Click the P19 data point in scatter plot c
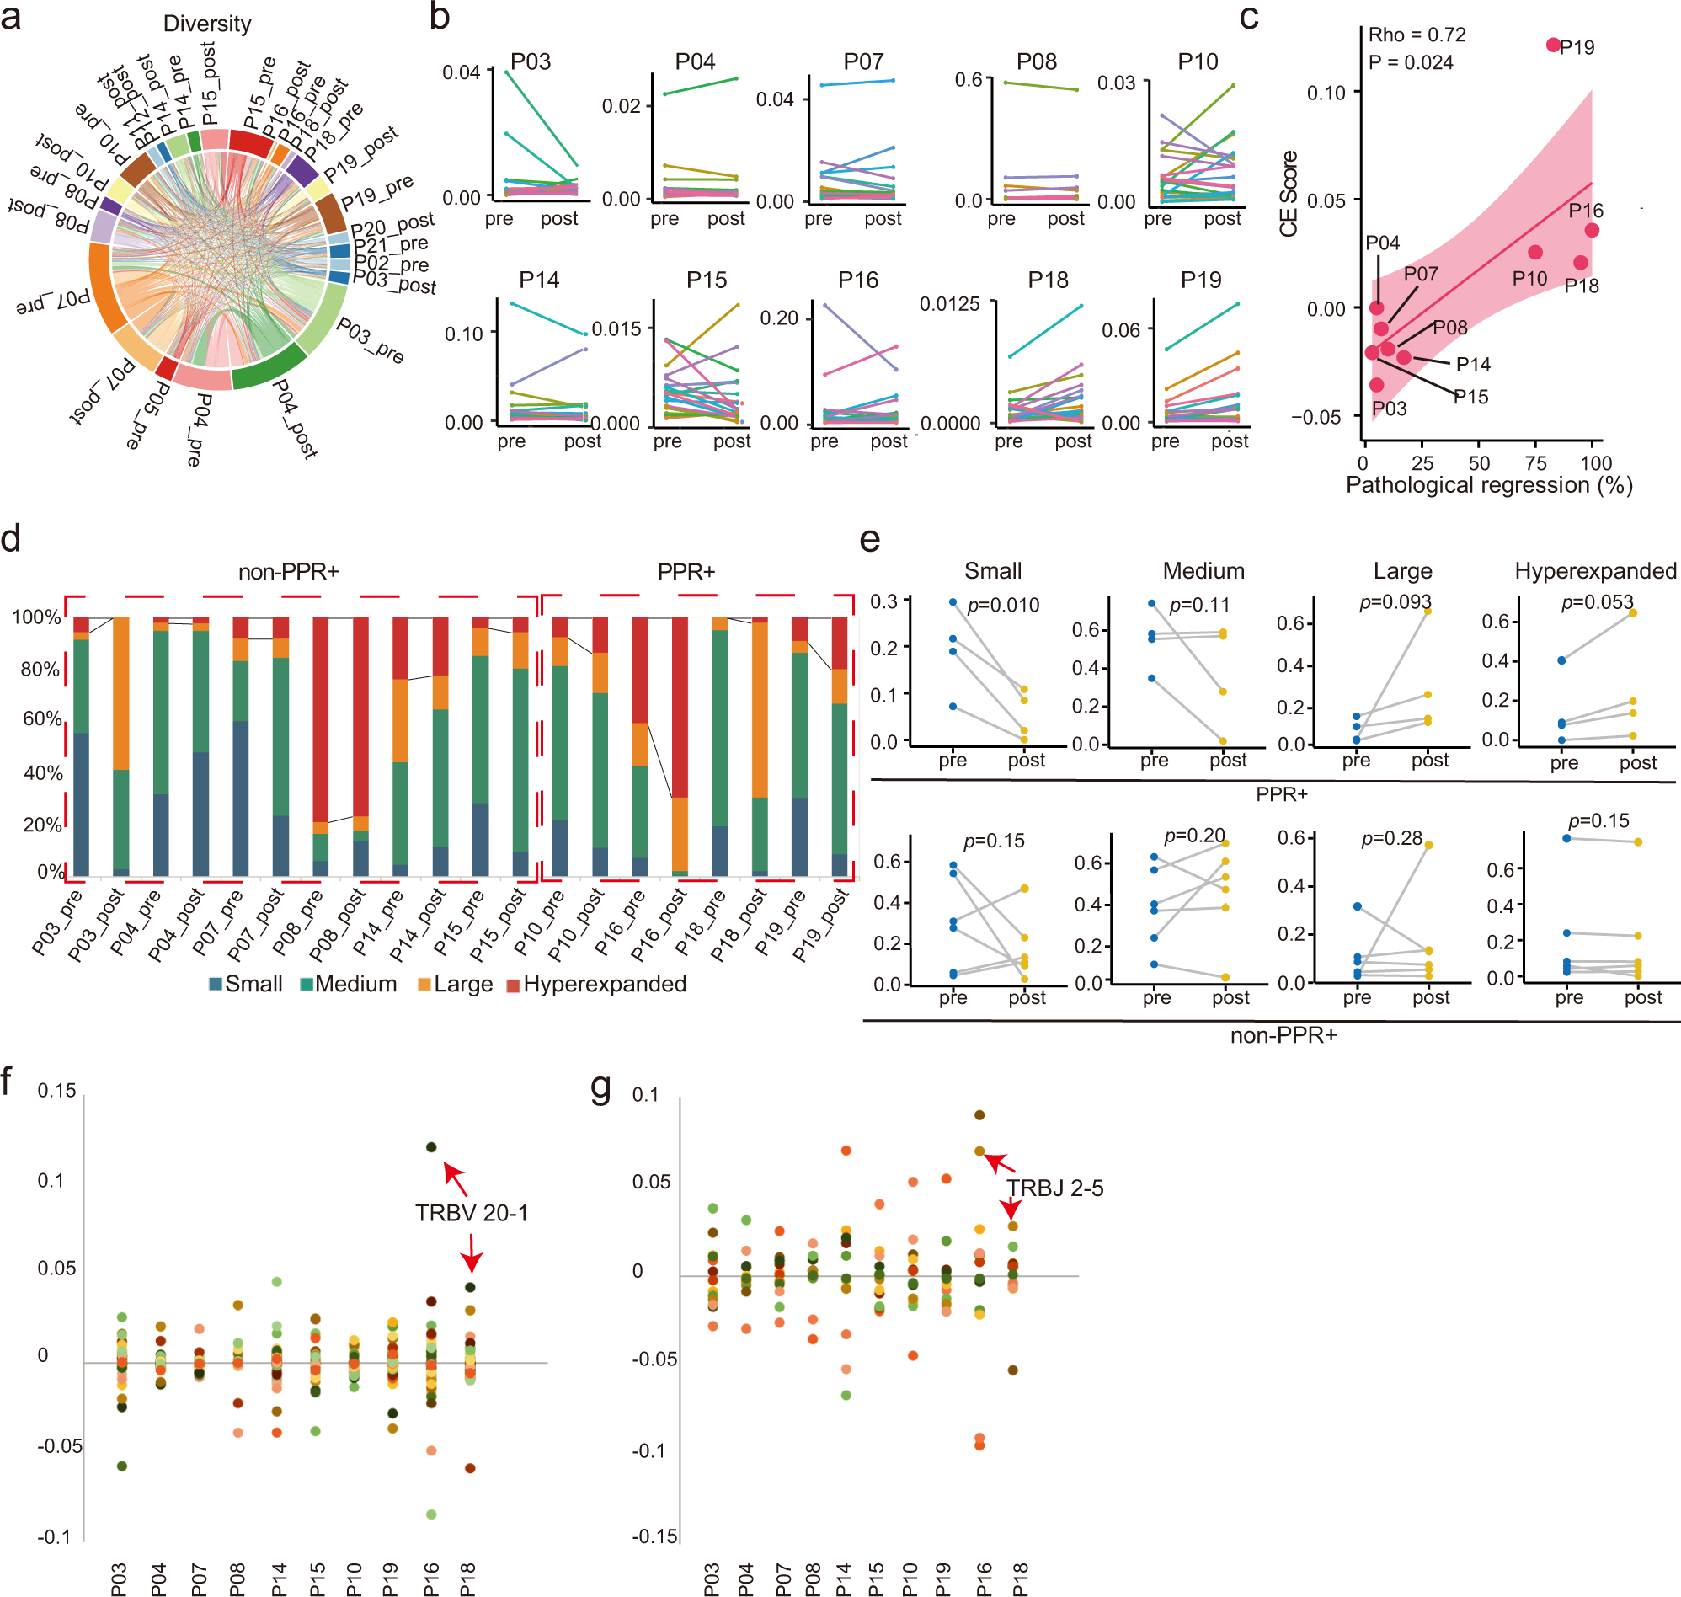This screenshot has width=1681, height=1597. [1553, 45]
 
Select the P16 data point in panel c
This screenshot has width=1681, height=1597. [1592, 230]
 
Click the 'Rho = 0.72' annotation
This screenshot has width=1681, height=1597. [1417, 35]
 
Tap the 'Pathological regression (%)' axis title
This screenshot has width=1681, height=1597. [1489, 485]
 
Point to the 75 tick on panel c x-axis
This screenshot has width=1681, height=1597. [1536, 463]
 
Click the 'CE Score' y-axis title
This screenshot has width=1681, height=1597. [1289, 193]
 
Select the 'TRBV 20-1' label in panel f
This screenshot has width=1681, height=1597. [472, 1212]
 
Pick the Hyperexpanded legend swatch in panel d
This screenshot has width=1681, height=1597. [513, 985]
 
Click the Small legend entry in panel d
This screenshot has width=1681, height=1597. [246, 984]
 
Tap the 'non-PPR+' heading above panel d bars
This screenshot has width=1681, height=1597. [289, 572]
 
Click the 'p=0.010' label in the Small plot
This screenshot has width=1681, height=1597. [1003, 606]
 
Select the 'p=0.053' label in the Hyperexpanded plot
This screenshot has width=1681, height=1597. [1597, 603]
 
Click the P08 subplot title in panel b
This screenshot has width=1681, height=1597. [1036, 61]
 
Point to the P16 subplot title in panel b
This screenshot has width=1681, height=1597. [857, 280]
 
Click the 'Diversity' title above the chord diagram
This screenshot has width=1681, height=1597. [207, 24]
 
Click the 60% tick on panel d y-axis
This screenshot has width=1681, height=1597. [42, 718]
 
